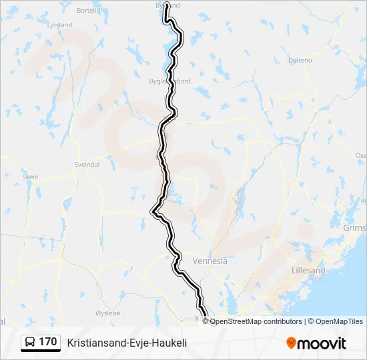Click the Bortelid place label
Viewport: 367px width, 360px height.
(x=89, y=11)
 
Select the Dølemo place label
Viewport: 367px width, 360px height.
(x=300, y=60)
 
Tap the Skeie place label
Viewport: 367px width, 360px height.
(x=31, y=177)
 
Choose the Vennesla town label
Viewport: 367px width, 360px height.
(x=210, y=261)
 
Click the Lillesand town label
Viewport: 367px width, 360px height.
(x=309, y=271)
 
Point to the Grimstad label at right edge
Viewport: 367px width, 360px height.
(x=355, y=227)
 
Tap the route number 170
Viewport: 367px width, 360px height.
(x=47, y=342)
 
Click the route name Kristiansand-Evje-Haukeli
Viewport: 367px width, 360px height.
(x=127, y=343)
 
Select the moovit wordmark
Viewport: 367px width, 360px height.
(x=322, y=343)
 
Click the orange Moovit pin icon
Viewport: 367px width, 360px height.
(x=291, y=343)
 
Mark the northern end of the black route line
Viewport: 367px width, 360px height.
(x=166, y=7)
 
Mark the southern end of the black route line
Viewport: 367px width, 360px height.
(x=205, y=315)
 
